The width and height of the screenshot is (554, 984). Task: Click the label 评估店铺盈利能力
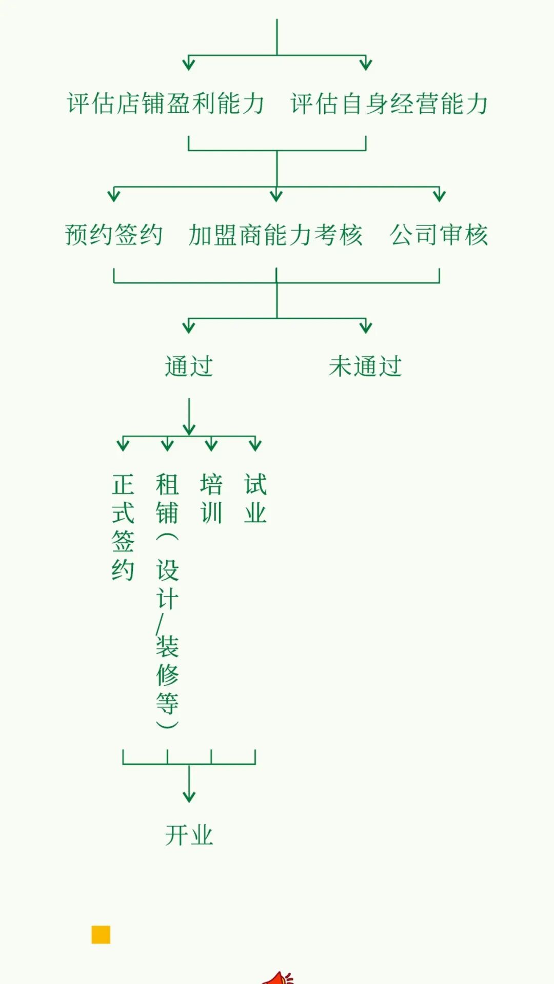click(165, 104)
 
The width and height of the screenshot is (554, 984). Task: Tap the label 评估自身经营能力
click(389, 104)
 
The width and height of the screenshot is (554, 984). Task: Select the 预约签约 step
click(113, 235)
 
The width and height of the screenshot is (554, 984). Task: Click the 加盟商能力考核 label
click(276, 235)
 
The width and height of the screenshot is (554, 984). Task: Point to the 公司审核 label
click(439, 235)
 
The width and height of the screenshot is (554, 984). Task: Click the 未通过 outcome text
click(365, 366)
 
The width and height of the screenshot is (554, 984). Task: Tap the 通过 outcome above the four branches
click(189, 366)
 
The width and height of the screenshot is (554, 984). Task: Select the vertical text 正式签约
click(123, 527)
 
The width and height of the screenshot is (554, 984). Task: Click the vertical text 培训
click(211, 498)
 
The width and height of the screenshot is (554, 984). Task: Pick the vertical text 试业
click(255, 498)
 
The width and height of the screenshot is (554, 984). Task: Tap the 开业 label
click(189, 835)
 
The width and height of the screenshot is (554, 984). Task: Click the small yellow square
click(101, 934)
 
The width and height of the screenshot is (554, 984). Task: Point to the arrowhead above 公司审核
click(439, 195)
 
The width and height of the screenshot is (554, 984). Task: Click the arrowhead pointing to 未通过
click(366, 326)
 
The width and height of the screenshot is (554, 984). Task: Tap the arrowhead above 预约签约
click(114, 195)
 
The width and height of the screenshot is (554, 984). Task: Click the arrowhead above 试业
click(255, 444)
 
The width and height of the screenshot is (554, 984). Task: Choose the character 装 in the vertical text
click(167, 646)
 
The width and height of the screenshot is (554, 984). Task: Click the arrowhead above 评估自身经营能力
click(366, 64)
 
